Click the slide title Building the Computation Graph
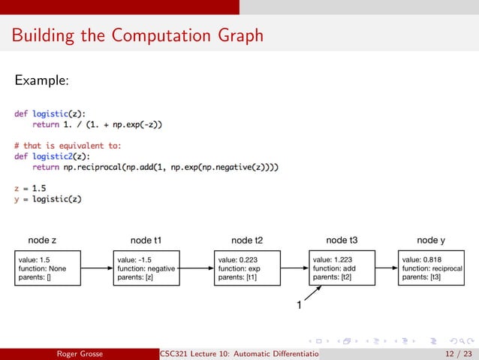pyautogui.click(x=137, y=35)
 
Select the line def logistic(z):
pyautogui.click(x=50, y=113)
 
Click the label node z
pyautogui.click(x=42, y=241)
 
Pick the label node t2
pyautogui.click(x=247, y=241)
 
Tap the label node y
pyautogui.click(x=431, y=241)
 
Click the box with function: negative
pyautogui.click(x=146, y=268)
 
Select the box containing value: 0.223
pyautogui.click(x=247, y=268)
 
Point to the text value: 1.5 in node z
pyautogui.click(x=35, y=259)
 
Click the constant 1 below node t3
pyautogui.click(x=298, y=306)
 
